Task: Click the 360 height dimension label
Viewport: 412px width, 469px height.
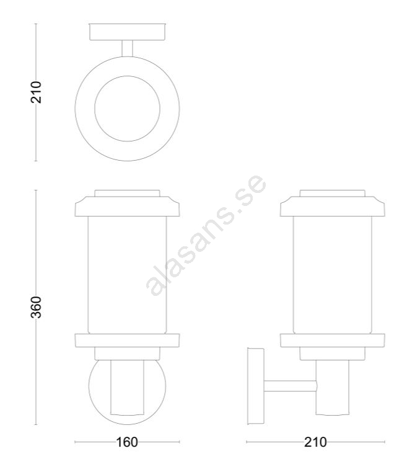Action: point(36,307)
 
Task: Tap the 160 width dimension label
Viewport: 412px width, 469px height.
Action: point(126,442)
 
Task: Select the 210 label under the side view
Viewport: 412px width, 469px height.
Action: point(315,442)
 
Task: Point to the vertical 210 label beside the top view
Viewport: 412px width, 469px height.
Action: point(36,92)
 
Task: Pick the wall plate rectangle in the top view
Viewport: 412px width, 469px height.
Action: point(127,32)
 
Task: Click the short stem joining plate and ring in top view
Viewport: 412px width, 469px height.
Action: point(127,48)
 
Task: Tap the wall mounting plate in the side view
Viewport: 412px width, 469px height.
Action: point(256,386)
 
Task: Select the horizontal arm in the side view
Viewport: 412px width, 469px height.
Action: point(290,386)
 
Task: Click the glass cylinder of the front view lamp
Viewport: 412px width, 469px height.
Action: point(127,275)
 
